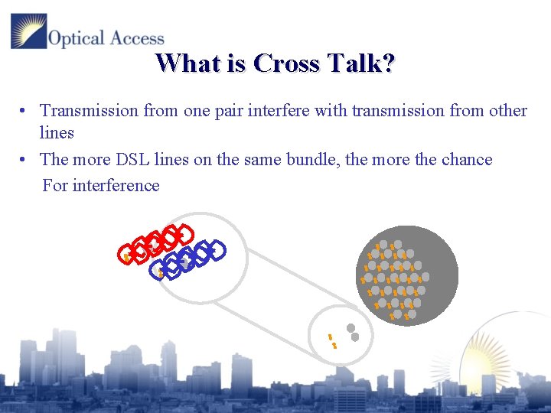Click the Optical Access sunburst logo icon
(x=28, y=31)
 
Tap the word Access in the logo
(x=135, y=38)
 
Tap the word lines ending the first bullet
(x=57, y=133)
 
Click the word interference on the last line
(x=116, y=186)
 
